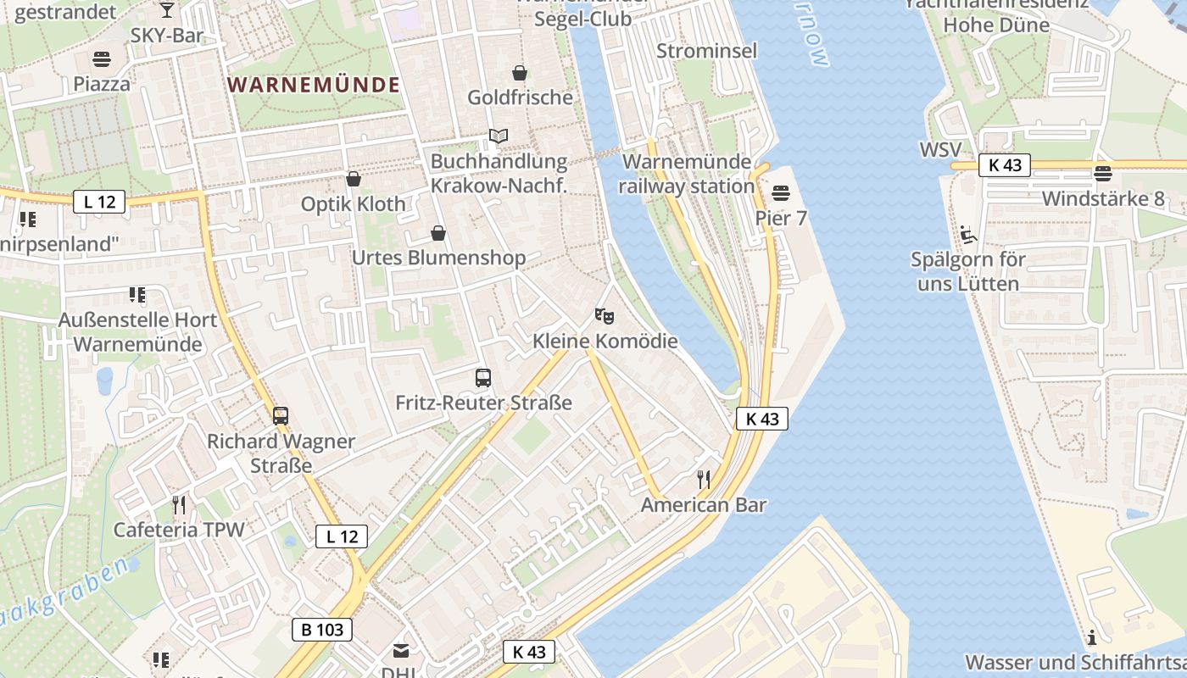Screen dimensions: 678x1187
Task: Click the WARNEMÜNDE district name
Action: pos(314,85)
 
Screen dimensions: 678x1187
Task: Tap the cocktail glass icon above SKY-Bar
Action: pos(167,9)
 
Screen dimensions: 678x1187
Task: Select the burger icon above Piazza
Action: pos(102,59)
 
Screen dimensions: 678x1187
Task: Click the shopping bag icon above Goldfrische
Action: pos(520,73)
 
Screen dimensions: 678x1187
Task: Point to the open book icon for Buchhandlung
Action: pos(499,136)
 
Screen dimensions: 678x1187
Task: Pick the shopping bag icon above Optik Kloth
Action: pos(354,179)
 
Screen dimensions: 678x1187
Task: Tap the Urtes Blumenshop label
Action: pos(438,258)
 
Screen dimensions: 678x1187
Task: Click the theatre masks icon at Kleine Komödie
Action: pos(605,317)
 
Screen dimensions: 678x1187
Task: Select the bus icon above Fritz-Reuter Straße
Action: pos(483,378)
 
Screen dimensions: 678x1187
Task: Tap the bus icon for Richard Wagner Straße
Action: pos(281,416)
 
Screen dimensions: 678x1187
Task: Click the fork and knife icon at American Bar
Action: pos(704,480)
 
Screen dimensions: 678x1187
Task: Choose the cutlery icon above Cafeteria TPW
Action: pos(179,505)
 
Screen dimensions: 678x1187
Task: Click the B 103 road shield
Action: pos(322,630)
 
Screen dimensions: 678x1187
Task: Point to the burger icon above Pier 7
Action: pos(781,193)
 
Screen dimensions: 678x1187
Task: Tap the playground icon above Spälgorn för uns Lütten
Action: pos(967,234)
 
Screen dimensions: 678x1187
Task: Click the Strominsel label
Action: pos(707,51)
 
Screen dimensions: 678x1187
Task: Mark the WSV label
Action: pos(941,151)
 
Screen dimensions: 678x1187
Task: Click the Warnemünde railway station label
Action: pos(687,174)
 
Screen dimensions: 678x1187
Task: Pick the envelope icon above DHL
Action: pos(400,651)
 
